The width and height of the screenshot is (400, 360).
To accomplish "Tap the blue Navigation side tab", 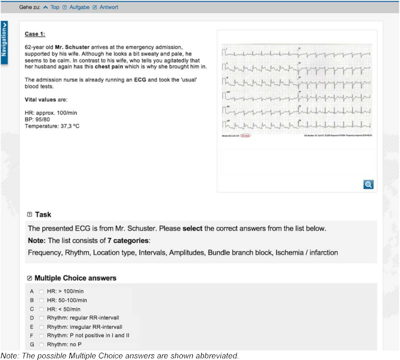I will (x=4, y=43).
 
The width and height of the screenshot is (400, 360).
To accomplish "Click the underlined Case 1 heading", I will (x=35, y=34).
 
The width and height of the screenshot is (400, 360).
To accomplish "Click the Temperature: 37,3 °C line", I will (x=52, y=126).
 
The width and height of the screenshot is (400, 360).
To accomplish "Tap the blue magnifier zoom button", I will (x=368, y=184).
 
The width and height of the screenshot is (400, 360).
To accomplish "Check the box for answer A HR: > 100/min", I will (x=41, y=291).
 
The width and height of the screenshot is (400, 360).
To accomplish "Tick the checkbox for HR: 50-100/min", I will (x=41, y=300).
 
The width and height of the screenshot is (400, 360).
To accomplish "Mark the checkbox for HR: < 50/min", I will (x=41, y=309).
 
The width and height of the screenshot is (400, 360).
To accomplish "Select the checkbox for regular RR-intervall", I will (x=41, y=318).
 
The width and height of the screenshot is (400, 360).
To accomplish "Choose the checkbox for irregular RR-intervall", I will (x=41, y=327).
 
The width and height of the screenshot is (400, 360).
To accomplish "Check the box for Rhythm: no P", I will (x=41, y=345).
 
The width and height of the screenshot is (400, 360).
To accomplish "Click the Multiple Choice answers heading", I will (x=75, y=278).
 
